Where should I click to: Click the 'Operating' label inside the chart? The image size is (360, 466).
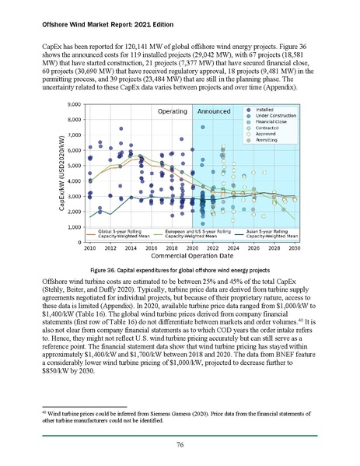pyautogui.click(x=166, y=112)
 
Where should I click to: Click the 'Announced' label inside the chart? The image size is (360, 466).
pyautogui.click(x=212, y=112)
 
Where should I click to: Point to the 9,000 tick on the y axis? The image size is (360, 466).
pyautogui.click(x=76, y=104)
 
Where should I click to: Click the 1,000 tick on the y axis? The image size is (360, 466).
pyautogui.click(x=76, y=227)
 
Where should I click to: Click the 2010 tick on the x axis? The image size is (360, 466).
pyautogui.click(x=89, y=248)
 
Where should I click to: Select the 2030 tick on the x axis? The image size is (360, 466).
pyautogui.click(x=294, y=248)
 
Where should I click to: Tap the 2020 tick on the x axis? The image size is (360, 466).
pyautogui.click(x=192, y=248)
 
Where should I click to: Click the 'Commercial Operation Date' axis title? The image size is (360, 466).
pyautogui.click(x=191, y=258)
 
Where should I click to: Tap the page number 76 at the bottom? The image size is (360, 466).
pyautogui.click(x=180, y=444)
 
